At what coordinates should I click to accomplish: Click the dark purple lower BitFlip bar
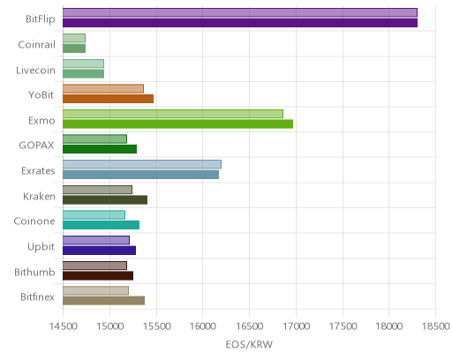pos(240,23)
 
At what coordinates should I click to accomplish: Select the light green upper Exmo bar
pos(173,114)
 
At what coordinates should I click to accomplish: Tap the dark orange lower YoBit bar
pos(108,99)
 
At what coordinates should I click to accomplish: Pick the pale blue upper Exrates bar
pos(142,164)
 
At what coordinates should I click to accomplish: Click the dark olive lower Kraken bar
pos(105,200)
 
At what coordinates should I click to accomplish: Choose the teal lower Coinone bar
pos(101,225)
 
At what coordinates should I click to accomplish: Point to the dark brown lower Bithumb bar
pos(98,276)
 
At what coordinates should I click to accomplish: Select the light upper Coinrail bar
pos(74,38)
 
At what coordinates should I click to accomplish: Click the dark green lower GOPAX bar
pos(100,149)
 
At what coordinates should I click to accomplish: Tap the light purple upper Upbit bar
pos(96,240)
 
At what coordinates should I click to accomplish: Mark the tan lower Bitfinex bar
pos(103,301)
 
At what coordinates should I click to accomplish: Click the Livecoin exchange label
pos(35,71)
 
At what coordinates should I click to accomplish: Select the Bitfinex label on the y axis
pos(37,297)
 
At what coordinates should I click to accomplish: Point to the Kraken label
pos(39,196)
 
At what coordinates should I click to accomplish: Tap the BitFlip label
pos(41,19)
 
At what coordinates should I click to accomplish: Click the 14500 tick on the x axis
pos(64,326)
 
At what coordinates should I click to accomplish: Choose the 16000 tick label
pos(203,326)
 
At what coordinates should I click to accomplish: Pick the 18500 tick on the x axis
pos(436,326)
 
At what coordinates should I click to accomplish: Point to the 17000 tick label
pos(296,326)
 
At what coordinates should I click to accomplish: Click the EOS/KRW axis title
pos(249,345)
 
